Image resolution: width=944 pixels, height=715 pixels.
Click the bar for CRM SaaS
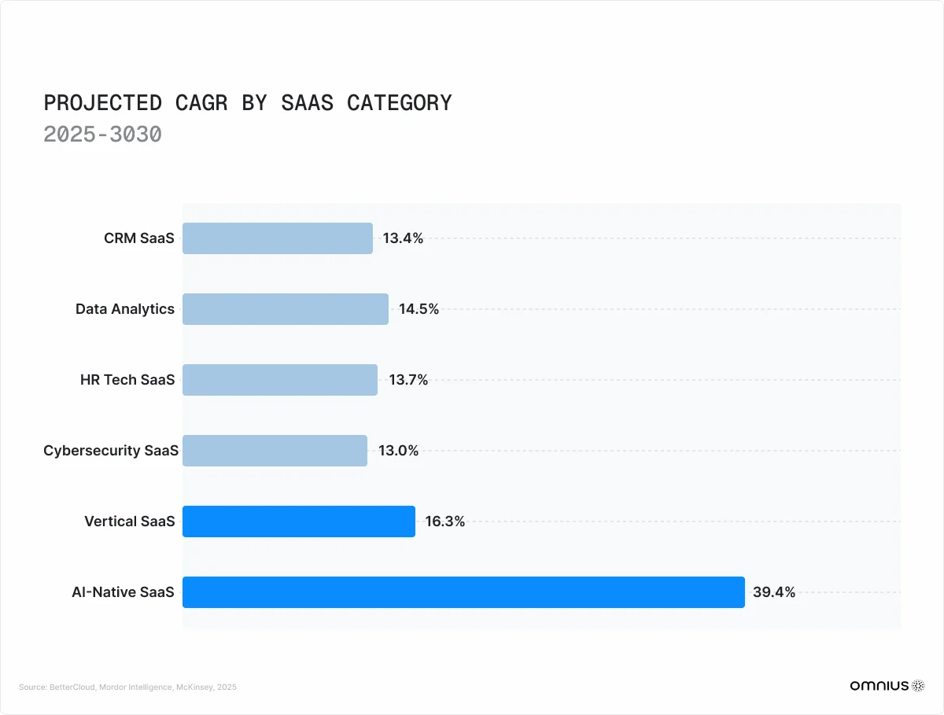tap(278, 238)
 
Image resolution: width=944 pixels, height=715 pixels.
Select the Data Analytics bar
tap(286, 309)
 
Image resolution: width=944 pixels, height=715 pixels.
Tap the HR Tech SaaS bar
tap(280, 380)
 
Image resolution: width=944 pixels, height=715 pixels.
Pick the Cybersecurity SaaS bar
tap(275, 451)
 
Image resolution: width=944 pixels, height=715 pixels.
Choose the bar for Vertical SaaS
tap(299, 522)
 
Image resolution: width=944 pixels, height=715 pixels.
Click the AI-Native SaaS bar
tap(463, 592)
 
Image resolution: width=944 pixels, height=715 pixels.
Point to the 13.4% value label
tap(403, 238)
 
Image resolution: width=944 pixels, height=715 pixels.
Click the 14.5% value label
tap(419, 309)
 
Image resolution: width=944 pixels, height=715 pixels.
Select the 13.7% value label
tap(408, 380)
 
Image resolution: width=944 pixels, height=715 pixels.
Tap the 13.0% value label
tap(398, 451)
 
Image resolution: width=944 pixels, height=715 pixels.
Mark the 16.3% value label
tap(445, 522)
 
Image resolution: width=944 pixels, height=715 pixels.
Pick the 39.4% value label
tap(774, 592)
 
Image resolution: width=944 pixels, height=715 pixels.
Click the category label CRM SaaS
tap(139, 238)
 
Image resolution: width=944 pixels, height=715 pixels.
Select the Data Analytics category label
tap(125, 309)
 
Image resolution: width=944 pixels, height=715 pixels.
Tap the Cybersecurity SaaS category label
tap(111, 451)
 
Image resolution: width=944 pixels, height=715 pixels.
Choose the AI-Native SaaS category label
tap(123, 592)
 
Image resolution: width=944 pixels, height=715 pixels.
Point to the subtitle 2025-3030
tap(102, 135)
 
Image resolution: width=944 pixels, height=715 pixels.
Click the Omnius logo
tap(887, 686)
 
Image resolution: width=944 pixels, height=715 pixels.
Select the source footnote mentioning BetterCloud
tap(127, 687)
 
